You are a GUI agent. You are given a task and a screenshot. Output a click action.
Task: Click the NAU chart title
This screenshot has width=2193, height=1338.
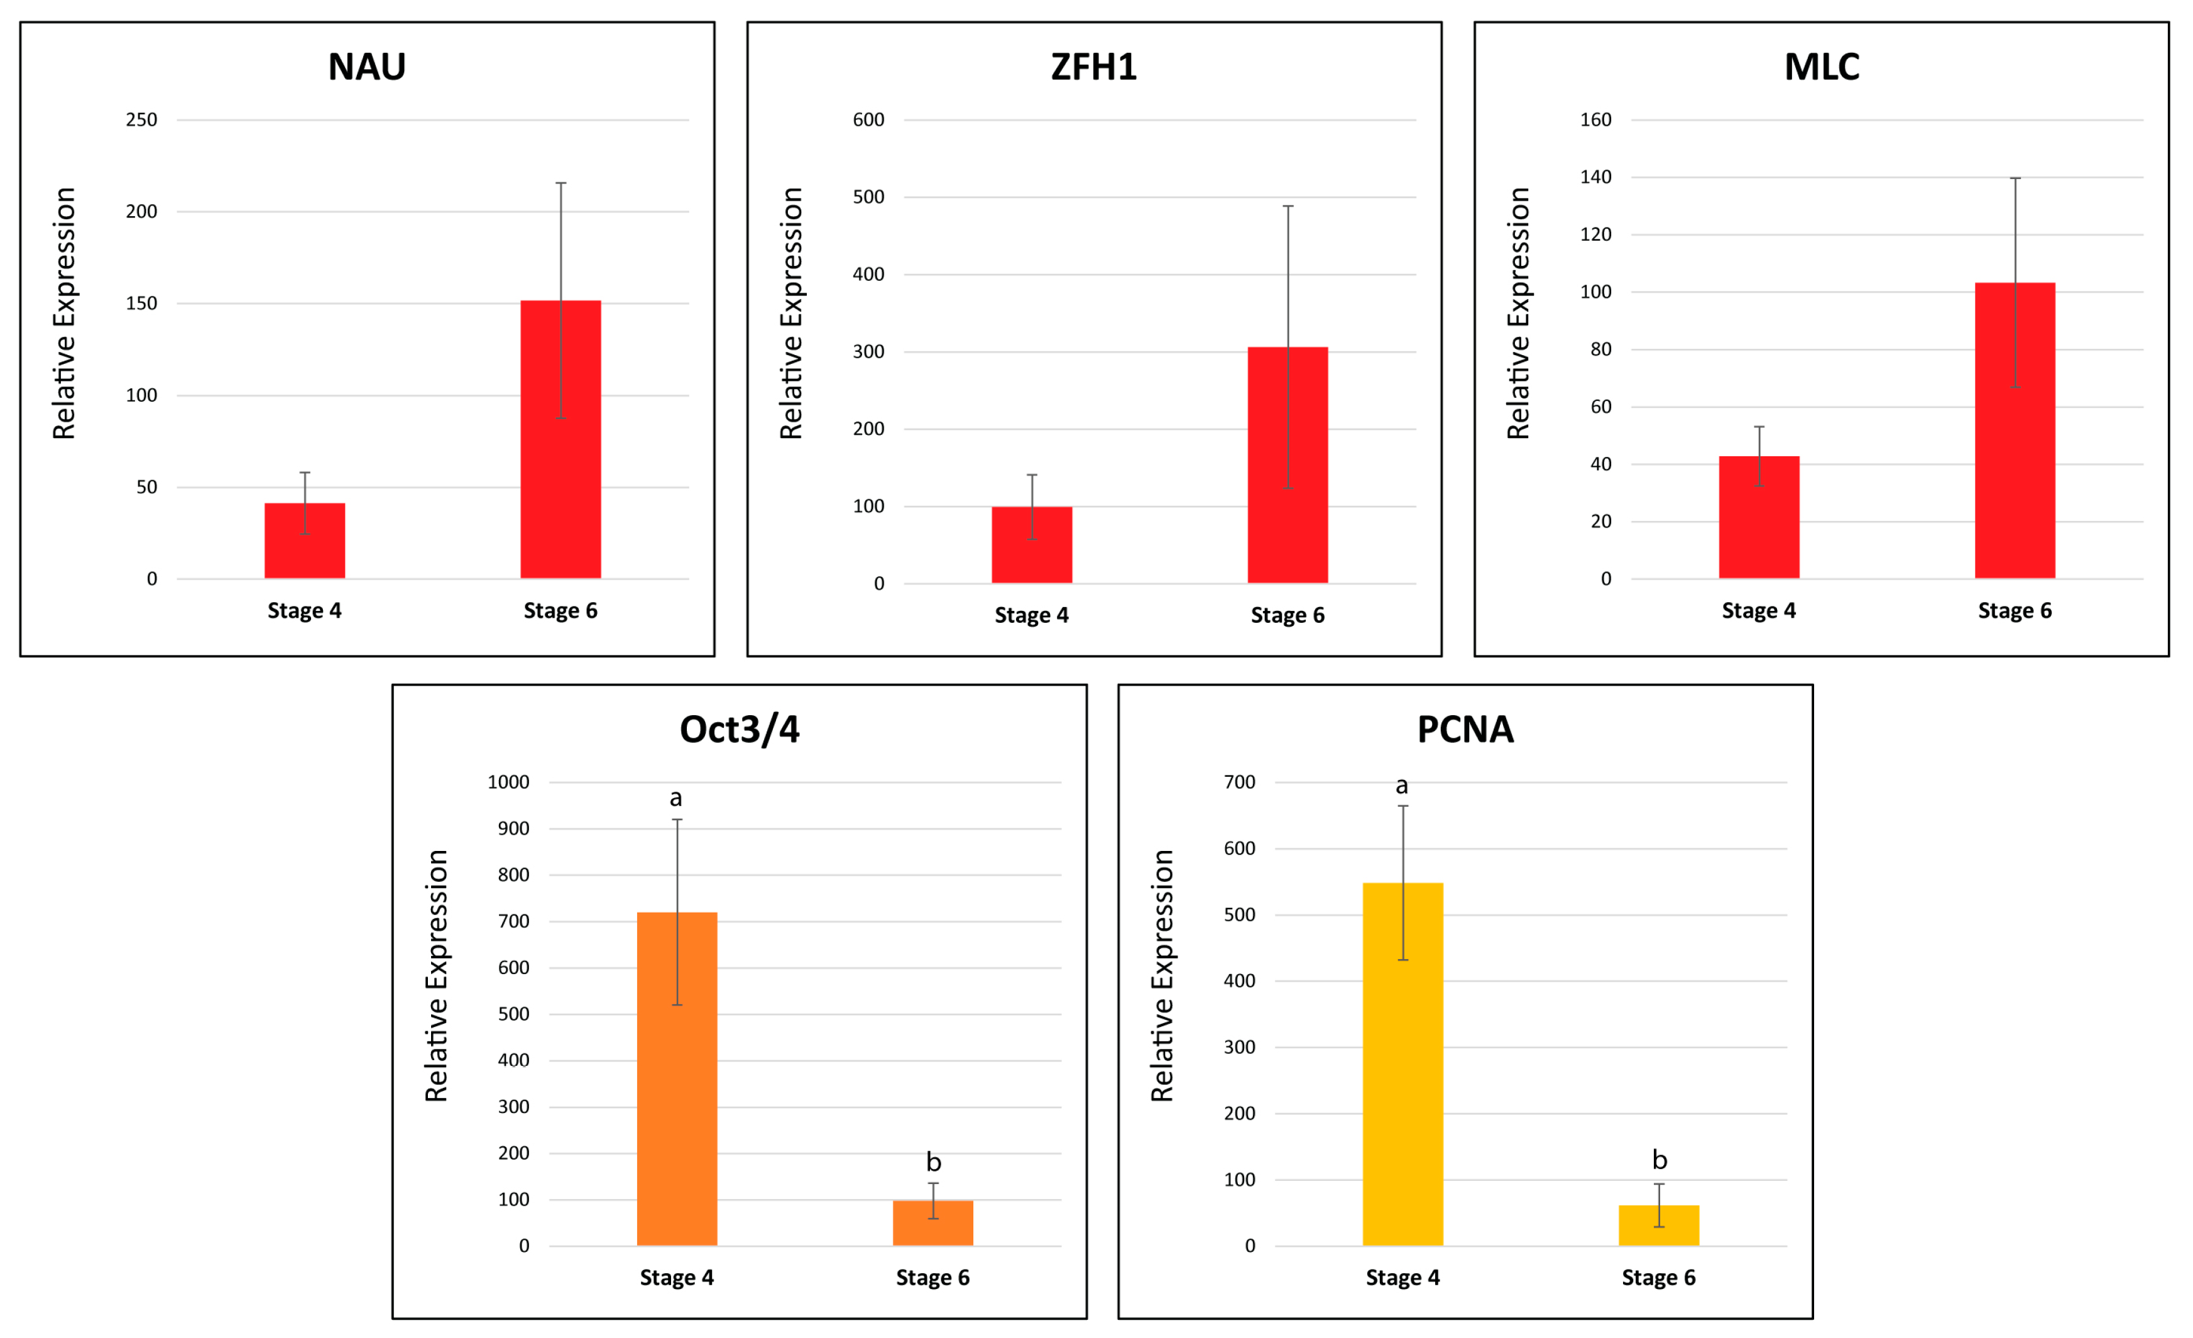367,67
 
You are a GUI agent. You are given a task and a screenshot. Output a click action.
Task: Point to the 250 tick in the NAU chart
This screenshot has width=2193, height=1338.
141,119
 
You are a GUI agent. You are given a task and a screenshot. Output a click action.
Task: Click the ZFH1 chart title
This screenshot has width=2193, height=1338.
1094,67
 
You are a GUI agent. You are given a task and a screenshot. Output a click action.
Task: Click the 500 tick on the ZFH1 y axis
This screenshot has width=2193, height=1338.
868,197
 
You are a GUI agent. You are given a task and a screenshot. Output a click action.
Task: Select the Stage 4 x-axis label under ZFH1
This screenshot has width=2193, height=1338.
1032,615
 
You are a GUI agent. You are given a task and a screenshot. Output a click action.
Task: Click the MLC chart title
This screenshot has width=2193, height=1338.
1822,67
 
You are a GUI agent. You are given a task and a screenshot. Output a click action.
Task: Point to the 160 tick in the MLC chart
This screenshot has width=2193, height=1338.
1596,119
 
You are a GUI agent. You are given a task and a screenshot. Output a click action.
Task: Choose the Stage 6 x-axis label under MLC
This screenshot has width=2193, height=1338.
2015,611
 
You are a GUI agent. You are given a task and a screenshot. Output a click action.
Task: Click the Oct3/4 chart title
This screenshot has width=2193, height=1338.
740,729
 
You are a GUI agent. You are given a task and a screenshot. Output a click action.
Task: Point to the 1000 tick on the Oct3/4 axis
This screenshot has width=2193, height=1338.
508,782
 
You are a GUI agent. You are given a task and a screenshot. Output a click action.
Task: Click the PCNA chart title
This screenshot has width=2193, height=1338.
1465,729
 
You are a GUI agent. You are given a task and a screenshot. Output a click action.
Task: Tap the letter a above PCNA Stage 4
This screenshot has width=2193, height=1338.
1402,785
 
